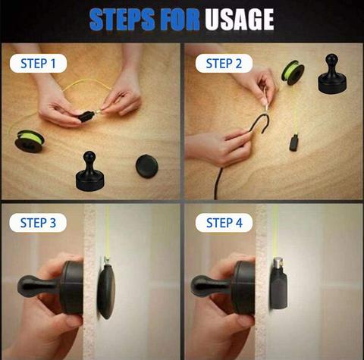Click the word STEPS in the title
(x=122, y=20)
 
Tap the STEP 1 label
(x=38, y=64)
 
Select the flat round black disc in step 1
(x=147, y=164)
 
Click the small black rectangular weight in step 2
(x=293, y=142)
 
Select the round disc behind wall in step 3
(x=105, y=290)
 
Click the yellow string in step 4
(x=274, y=227)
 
